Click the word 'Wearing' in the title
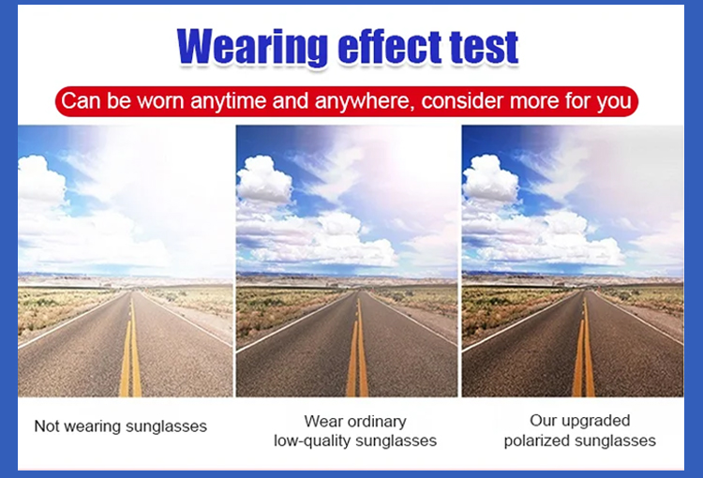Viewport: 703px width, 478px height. pos(252,48)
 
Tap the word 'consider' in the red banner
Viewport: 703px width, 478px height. pos(463,100)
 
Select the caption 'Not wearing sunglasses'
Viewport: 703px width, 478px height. pos(121,426)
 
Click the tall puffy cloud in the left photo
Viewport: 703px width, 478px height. pos(40,179)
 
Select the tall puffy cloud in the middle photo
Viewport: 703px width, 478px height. pos(264,179)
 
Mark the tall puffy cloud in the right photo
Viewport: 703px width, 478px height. pos(490,179)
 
